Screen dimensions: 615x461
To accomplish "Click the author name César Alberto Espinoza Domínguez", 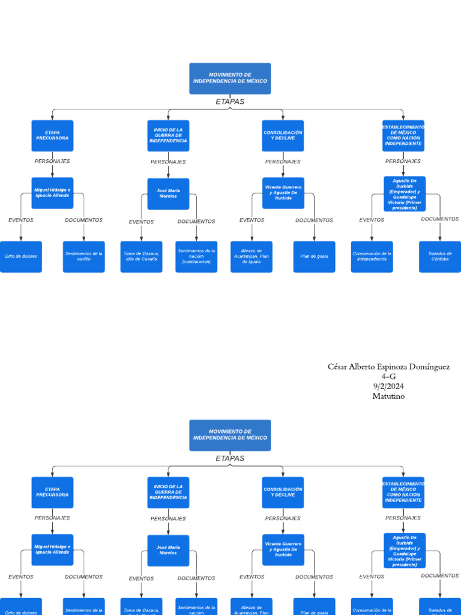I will coord(388,367).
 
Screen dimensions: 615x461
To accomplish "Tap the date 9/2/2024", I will coord(388,386).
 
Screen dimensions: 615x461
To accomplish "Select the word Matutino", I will coord(388,396).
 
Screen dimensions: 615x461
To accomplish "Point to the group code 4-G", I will coord(388,377).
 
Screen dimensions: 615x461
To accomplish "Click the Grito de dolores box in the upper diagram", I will coord(21,256).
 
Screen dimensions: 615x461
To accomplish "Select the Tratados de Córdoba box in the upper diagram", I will coord(439,256).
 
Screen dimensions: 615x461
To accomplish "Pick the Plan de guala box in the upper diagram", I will coord(314,256).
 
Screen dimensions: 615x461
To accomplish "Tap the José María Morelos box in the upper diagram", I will coord(168,193).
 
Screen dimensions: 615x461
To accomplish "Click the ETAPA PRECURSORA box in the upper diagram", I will coord(52,136).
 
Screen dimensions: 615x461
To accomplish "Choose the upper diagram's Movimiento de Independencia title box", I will coord(230,79).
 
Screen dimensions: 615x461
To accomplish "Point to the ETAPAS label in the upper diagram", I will coord(230,101).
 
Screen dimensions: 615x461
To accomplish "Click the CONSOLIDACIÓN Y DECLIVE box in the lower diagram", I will coord(283,492).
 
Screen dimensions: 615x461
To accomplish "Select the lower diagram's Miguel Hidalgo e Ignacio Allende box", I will coord(52,550).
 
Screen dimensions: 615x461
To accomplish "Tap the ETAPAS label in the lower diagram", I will coord(230,458).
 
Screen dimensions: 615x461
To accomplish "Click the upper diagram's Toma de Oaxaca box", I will coord(141,256).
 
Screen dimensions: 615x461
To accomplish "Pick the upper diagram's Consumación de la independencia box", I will coord(372,256).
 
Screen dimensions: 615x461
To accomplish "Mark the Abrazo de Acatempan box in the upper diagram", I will coord(251,256).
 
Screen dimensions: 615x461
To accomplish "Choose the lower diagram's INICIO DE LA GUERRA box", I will coord(168,492).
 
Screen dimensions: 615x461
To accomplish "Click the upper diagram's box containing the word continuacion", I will coord(196,256).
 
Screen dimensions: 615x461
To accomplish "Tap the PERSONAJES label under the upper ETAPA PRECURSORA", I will coord(52,161).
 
